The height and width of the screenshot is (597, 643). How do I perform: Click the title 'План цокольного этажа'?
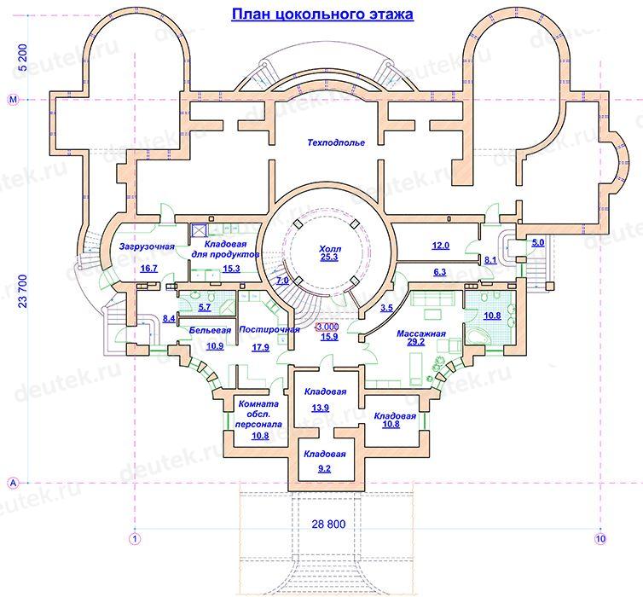click(322, 14)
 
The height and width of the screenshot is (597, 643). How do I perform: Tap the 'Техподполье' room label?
click(336, 142)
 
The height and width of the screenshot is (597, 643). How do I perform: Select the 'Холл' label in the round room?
click(330, 249)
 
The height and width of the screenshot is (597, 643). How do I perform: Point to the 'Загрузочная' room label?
click(147, 246)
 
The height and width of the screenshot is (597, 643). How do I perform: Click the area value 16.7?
click(148, 268)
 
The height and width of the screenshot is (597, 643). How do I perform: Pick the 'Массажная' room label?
click(420, 333)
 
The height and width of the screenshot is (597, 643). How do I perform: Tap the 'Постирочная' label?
click(269, 329)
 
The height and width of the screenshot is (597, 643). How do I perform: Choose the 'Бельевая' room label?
click(210, 330)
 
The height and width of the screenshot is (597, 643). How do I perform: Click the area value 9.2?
click(324, 468)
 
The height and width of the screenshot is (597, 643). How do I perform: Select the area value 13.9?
click(320, 408)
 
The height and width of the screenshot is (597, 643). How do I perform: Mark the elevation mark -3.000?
click(327, 327)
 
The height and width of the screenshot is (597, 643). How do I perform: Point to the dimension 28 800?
click(328, 524)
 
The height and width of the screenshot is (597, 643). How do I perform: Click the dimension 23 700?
click(23, 291)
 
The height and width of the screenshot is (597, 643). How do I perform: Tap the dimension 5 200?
click(23, 57)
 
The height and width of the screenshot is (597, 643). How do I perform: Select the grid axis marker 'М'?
click(14, 100)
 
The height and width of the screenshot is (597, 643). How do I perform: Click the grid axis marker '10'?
click(600, 538)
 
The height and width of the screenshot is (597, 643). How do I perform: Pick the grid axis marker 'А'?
click(14, 483)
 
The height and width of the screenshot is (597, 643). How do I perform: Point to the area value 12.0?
click(440, 246)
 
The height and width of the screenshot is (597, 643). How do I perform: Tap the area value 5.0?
click(538, 242)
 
